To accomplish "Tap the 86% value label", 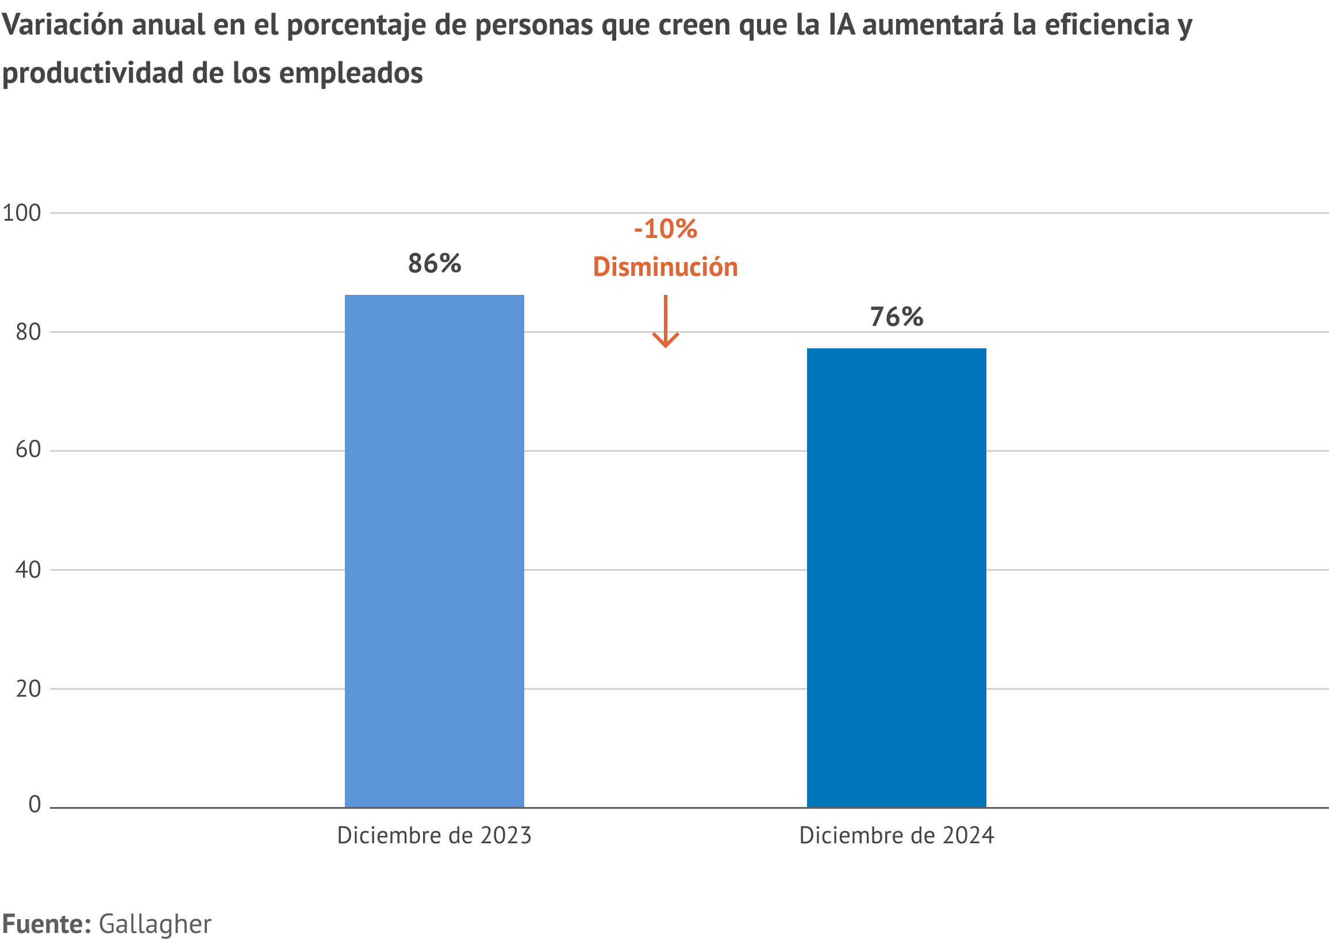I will pos(434,264).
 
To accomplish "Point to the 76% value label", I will pos(896,317).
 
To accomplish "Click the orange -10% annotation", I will pos(665,229).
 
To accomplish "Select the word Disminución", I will pos(665,267).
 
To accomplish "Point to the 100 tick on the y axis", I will pos(22,213).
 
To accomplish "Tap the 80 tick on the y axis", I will pos(28,332).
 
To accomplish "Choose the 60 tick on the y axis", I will pos(28,450).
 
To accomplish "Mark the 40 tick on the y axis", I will pos(28,570).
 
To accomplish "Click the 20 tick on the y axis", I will pos(28,689).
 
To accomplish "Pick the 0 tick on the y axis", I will pos(34,805).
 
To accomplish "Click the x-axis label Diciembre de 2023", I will pos(434,836).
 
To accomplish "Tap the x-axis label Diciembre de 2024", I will pos(896,836).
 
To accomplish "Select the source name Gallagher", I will pos(155,924).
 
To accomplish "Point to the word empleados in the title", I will pos(350,74).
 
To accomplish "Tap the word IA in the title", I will pos(842,25).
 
